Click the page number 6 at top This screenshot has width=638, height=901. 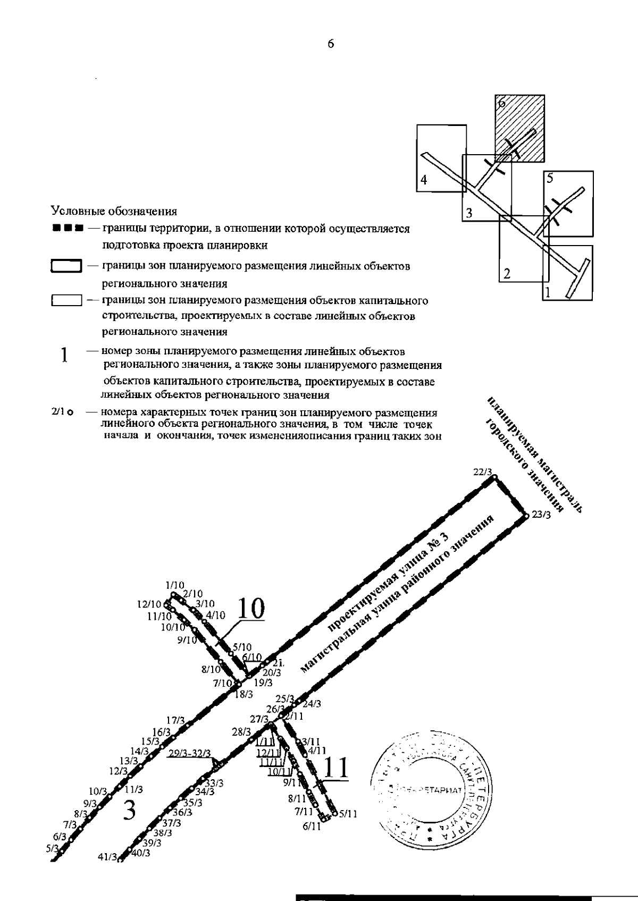[x=330, y=45]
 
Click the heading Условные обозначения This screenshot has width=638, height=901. [x=114, y=212]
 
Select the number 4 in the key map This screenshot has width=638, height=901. [x=424, y=181]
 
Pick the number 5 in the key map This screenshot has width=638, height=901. [x=550, y=179]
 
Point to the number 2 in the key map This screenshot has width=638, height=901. [x=507, y=274]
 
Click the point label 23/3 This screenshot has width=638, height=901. [x=541, y=515]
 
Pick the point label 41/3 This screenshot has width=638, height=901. [x=106, y=856]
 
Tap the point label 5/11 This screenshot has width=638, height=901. [x=348, y=814]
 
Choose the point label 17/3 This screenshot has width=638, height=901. [x=175, y=720]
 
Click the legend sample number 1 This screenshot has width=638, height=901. [x=64, y=355]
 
